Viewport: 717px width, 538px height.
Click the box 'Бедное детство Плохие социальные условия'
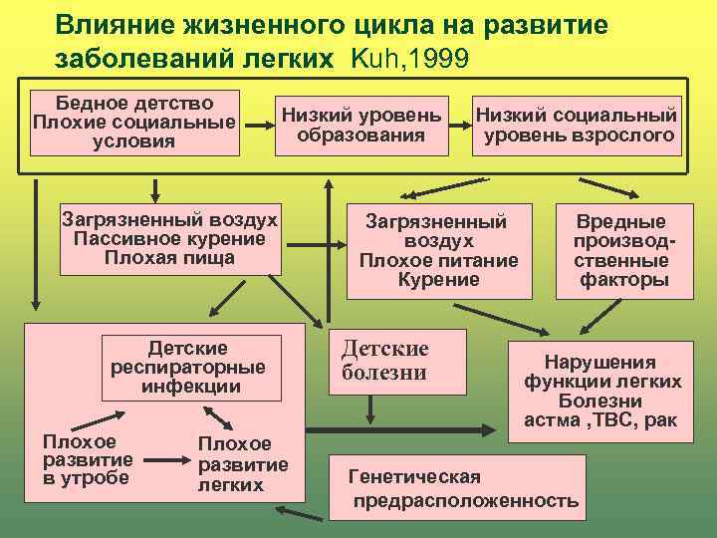[135, 124]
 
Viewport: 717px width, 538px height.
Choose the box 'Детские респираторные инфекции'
[188, 367]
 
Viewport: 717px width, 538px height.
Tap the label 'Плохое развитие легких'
[243, 464]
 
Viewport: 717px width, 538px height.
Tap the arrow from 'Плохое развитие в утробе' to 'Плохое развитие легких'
[167, 462]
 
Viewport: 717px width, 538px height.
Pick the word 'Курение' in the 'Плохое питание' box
[438, 280]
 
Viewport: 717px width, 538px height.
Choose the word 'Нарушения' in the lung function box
[599, 363]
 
